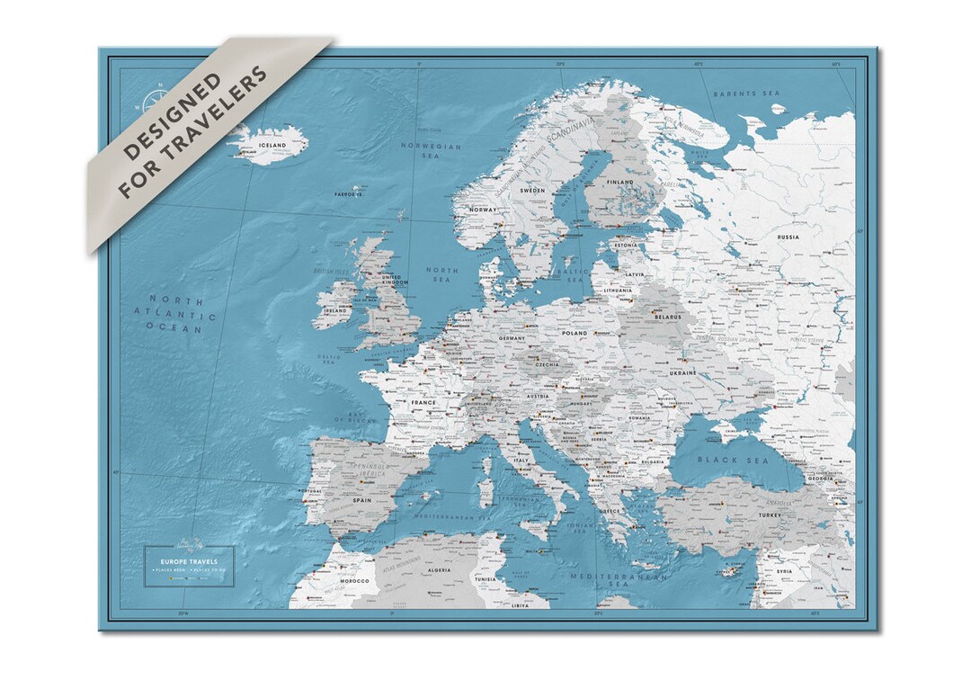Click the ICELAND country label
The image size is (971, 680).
272,145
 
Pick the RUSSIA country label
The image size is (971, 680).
788,237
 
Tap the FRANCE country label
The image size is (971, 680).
423,403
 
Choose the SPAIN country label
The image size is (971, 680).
363,500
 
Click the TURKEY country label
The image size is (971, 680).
746,514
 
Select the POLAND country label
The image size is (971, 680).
574,332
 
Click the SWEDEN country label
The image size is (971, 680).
533,192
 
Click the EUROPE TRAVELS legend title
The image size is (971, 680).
191,561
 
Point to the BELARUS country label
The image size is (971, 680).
668,318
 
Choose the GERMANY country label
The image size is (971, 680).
512,338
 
